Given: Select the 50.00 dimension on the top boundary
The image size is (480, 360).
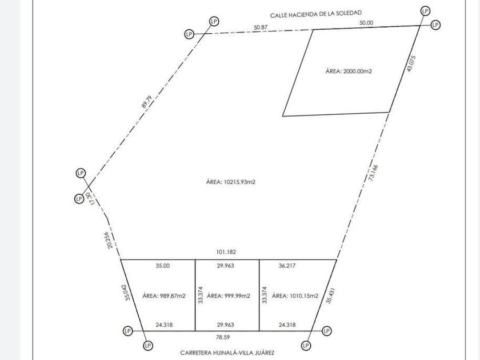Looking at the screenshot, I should [366, 22].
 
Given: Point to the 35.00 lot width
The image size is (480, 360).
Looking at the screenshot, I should [163, 266].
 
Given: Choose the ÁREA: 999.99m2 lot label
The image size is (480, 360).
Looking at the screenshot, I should [229, 296].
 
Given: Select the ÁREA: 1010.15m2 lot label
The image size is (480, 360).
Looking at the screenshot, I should [295, 296].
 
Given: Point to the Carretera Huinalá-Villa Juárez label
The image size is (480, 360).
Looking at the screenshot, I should [227, 353].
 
